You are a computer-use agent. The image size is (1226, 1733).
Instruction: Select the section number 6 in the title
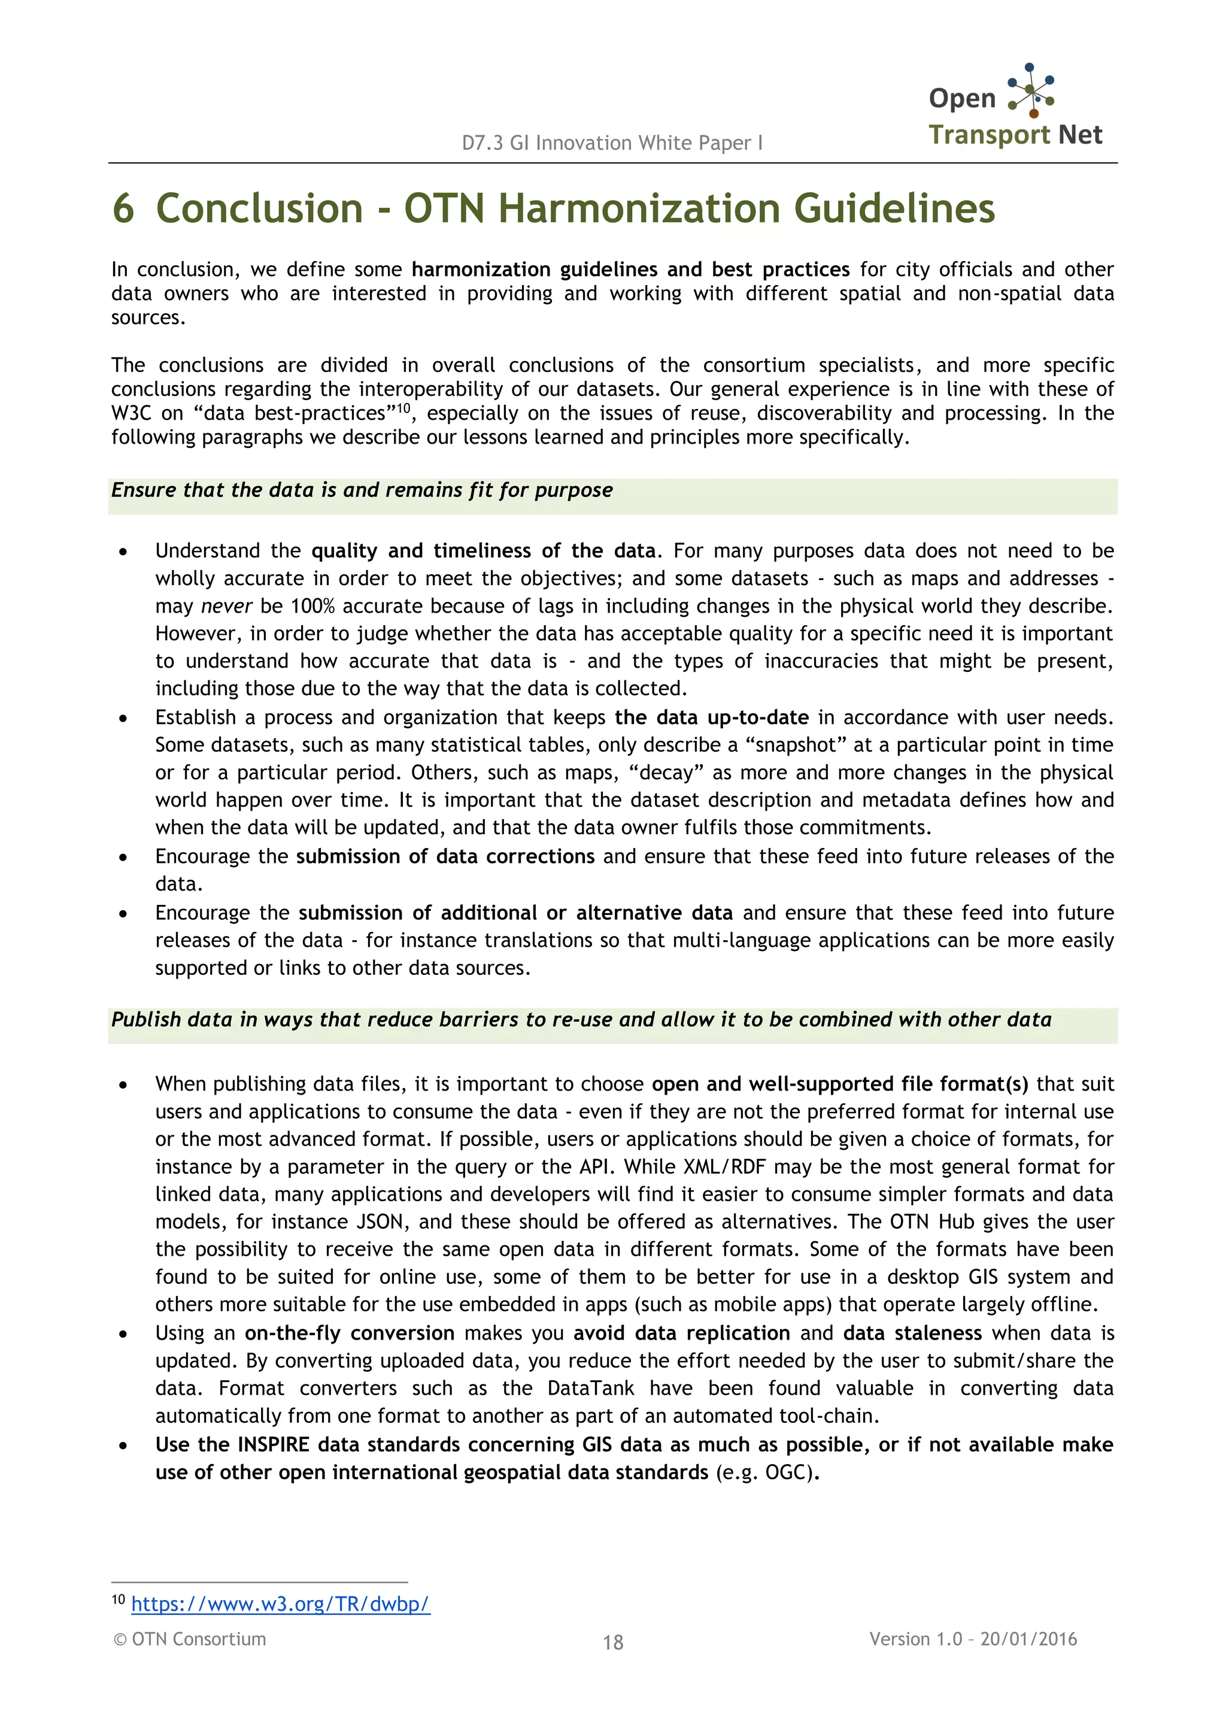click(123, 208)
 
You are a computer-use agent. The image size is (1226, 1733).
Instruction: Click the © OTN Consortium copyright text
click(190, 1638)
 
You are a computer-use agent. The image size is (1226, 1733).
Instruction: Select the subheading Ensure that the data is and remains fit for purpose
click(362, 490)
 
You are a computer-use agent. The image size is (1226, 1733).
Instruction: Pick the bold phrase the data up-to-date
click(711, 717)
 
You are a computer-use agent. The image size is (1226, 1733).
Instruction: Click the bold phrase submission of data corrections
click(445, 856)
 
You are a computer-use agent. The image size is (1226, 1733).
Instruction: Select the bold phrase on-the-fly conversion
click(350, 1333)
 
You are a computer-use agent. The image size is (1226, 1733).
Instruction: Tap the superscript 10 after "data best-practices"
click(404, 408)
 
